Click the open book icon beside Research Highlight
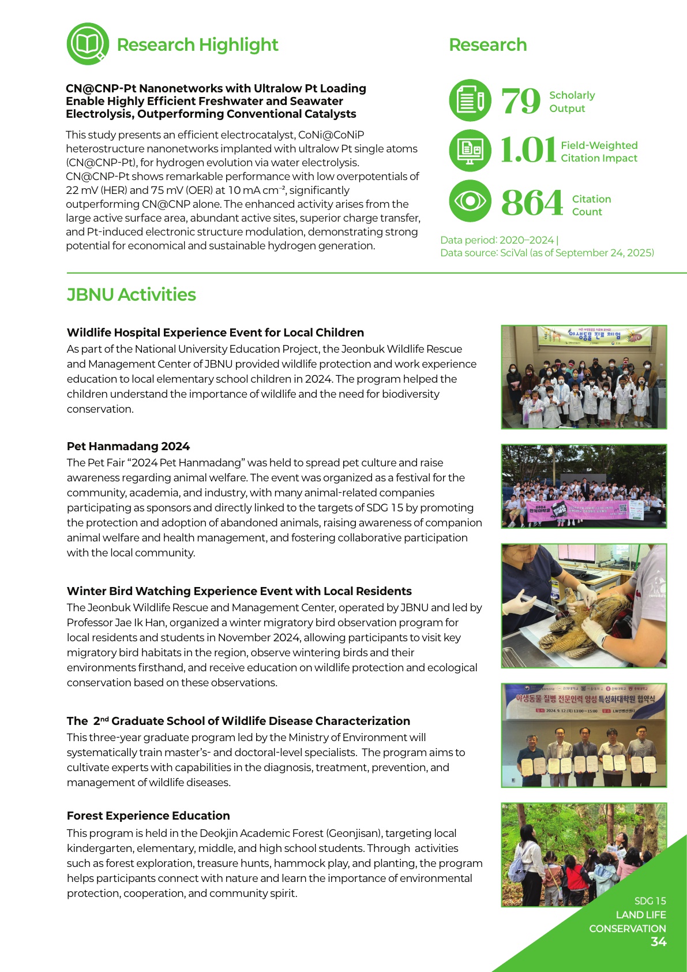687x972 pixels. click(88, 44)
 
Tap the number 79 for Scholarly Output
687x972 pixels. click(520, 102)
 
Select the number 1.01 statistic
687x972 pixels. click(527, 151)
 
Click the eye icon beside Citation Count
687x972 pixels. click(470, 201)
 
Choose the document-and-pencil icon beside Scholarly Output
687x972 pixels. click(470, 100)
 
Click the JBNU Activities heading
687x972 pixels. click(132, 295)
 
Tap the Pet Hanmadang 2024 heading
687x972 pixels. click(128, 446)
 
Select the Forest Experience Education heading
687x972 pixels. click(148, 816)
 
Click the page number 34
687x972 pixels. click(658, 942)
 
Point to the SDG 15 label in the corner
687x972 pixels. click(650, 901)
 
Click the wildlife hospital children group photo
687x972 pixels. click(584, 377)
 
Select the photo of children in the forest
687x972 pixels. click(571, 854)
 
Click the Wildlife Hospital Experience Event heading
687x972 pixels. click(215, 332)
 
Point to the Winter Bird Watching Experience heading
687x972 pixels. click(239, 591)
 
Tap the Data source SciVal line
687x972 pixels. click(547, 253)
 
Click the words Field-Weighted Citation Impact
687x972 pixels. click(599, 152)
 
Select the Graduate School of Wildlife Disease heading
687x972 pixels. click(238, 721)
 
